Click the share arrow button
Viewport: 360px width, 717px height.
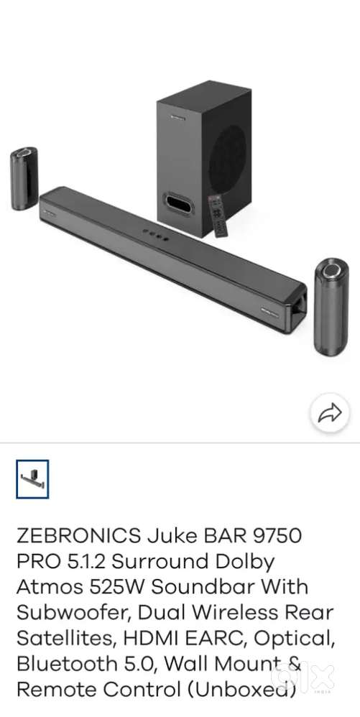328,412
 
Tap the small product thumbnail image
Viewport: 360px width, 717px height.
32,479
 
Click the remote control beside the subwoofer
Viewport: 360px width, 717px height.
218,215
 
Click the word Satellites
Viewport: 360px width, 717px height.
60,639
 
